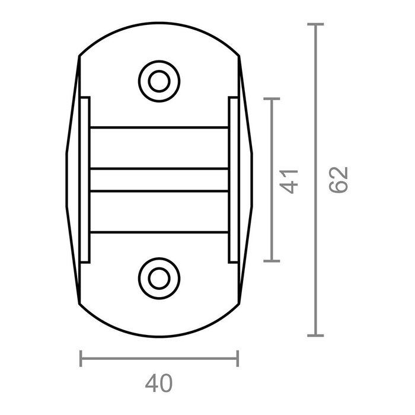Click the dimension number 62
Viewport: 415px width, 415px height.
point(340,180)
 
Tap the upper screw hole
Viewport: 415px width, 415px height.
point(159,81)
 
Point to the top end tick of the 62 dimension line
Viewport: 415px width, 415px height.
point(315,24)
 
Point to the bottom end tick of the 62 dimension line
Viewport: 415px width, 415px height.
point(315,336)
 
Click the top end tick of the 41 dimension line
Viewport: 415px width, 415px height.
point(271,99)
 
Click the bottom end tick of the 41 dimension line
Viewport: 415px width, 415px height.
point(271,260)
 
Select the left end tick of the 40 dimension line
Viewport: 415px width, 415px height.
point(81,358)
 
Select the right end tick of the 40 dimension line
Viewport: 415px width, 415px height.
point(238,358)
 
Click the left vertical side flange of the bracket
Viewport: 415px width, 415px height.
point(85,180)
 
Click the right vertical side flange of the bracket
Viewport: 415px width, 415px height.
point(233,180)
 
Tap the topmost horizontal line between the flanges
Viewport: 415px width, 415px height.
point(159,127)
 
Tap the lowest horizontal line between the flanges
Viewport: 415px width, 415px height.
point(159,232)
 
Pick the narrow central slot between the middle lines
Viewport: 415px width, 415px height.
point(159,180)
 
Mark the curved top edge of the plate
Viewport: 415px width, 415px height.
point(159,24)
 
